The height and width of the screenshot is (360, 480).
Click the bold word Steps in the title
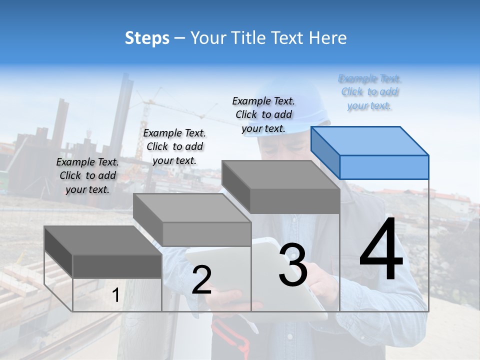point(147,38)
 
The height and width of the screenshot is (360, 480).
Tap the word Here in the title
point(328,38)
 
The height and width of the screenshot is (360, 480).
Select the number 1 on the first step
point(116,295)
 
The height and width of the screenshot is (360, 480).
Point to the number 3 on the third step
point(293,265)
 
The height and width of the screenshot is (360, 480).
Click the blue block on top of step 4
point(370,152)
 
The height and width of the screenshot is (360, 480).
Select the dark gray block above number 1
point(103,252)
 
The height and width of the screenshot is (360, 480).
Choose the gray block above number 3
point(281,186)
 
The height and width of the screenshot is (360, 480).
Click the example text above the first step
point(87,175)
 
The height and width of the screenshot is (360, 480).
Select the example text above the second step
point(174,146)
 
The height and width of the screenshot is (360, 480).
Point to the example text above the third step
point(263,114)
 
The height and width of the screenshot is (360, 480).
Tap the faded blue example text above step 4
point(369,92)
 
